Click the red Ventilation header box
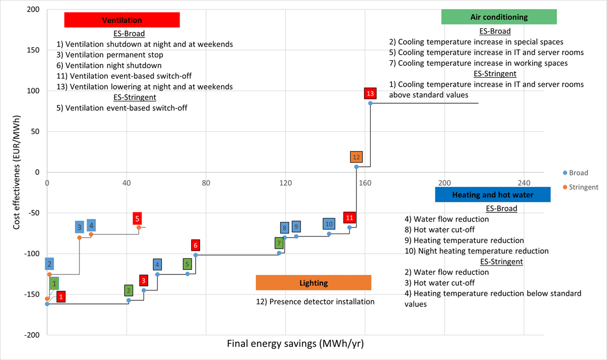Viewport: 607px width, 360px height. click(122, 20)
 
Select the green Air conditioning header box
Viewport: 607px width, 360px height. click(499, 17)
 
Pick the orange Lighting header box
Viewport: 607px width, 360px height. click(314, 283)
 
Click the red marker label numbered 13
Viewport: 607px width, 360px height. click(370, 94)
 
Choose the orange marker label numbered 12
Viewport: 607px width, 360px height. click(356, 157)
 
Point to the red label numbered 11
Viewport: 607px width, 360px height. click(349, 218)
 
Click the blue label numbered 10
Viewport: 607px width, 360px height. click(329, 223)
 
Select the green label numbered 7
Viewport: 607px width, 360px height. click(279, 243)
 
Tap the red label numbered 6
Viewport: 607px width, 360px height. click(195, 246)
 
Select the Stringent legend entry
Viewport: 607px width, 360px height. click(580, 187)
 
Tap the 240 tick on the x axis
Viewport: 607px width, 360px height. click(524, 183)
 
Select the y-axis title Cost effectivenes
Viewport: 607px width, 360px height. click(16, 172)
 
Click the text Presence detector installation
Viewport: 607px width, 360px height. click(315, 302)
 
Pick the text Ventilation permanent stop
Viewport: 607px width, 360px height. click(110, 55)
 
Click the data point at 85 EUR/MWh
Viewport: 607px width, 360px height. click(370, 103)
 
